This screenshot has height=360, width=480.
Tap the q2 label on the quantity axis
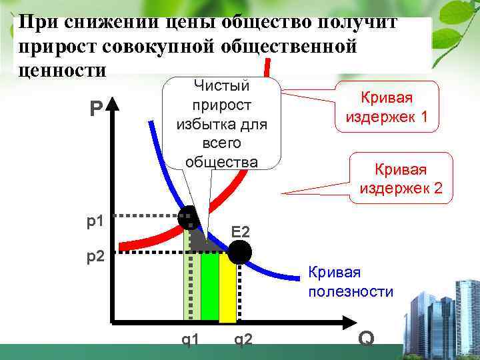(x=243, y=340)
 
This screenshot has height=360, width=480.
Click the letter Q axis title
(x=365, y=339)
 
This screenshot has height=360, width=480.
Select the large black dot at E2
(x=239, y=252)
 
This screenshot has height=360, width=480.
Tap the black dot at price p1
(x=187, y=216)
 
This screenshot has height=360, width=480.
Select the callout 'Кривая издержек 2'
(x=400, y=178)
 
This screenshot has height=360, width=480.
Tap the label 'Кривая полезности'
(x=349, y=282)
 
